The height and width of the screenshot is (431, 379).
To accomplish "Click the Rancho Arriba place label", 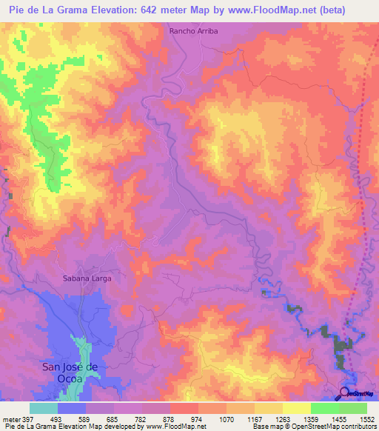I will pyautogui.click(x=192, y=31).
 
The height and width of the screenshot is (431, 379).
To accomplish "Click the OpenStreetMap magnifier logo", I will pyautogui.click(x=345, y=393).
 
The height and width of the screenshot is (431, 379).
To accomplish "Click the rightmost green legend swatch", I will pyautogui.click(x=353, y=408).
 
